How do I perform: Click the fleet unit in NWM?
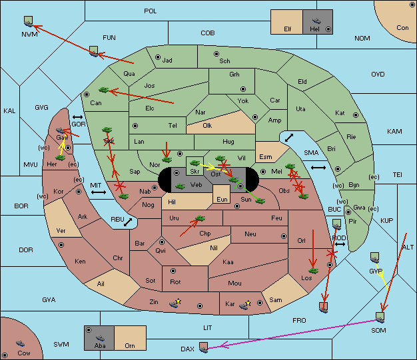[x=28, y=21]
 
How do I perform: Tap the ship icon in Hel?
[x=316, y=21]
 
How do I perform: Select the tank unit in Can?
[x=103, y=90]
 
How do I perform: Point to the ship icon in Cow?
[x=20, y=343]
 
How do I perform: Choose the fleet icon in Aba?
[x=101, y=338]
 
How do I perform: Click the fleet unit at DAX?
[x=203, y=347]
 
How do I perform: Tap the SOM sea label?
[x=378, y=330]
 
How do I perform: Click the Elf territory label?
[x=288, y=29]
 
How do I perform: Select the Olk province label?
[x=207, y=125]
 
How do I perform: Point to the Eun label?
[x=222, y=199]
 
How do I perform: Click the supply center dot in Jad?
[x=158, y=57]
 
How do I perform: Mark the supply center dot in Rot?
[x=173, y=271]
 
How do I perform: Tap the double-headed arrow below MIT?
[x=99, y=192]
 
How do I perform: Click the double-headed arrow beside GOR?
[x=78, y=117]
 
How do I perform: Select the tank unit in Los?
[x=313, y=271]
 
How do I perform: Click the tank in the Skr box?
[x=195, y=163]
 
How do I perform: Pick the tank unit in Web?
[x=180, y=186]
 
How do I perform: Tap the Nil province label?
[x=214, y=248]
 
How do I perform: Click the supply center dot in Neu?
[x=284, y=236]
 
